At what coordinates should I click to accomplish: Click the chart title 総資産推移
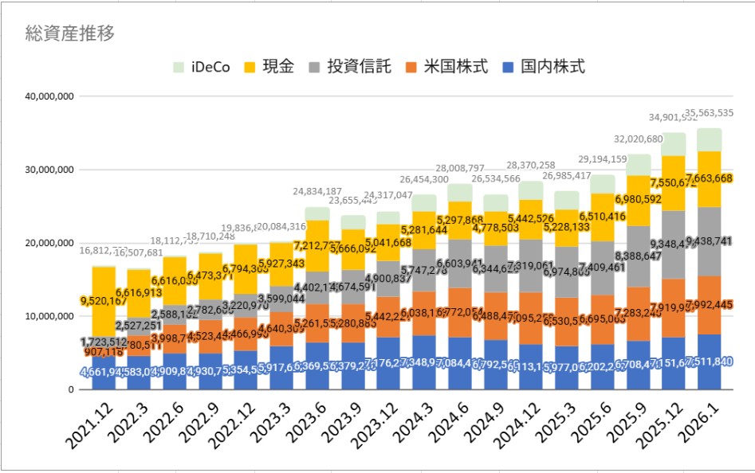point(70,33)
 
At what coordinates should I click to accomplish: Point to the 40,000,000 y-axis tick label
point(50,96)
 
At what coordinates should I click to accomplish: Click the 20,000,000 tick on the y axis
point(50,243)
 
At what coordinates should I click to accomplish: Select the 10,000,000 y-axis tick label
point(50,316)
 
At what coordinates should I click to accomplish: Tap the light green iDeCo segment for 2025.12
point(674,144)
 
